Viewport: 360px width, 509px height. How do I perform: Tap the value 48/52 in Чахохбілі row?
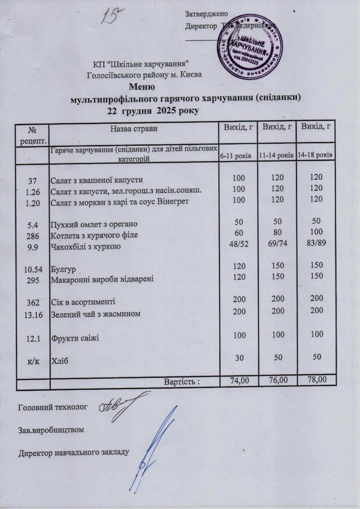point(239,245)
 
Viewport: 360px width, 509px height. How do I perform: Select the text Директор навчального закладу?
point(74,452)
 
